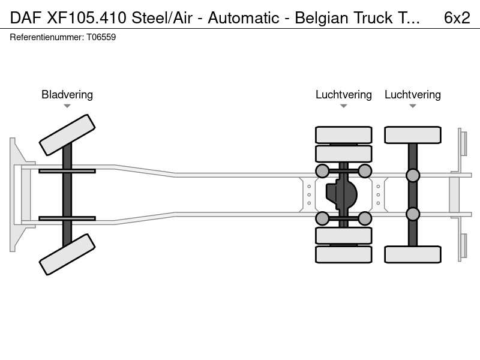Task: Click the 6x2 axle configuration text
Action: tap(457, 18)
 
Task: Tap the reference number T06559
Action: tap(101, 37)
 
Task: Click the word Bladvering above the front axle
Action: tap(67, 95)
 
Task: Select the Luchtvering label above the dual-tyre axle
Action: tap(343, 95)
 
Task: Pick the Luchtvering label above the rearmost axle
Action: tap(413, 95)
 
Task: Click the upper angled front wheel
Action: tap(67, 135)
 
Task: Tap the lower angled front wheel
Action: tap(67, 254)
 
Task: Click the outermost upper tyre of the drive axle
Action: tap(343, 134)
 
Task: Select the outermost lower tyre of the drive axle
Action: tap(343, 254)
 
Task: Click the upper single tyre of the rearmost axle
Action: tap(413, 134)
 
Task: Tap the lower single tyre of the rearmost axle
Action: tap(413, 254)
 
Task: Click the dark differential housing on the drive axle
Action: tap(341, 194)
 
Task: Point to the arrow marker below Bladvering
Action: tap(67, 106)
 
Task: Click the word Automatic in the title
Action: tap(244, 18)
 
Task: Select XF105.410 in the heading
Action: tap(86, 18)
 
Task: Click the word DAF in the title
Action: tap(26, 18)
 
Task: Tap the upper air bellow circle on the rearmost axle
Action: tap(413, 175)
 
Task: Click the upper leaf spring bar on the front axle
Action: tap(67, 171)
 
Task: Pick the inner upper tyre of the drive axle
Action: tap(343, 154)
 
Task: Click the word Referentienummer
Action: tap(47, 37)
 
